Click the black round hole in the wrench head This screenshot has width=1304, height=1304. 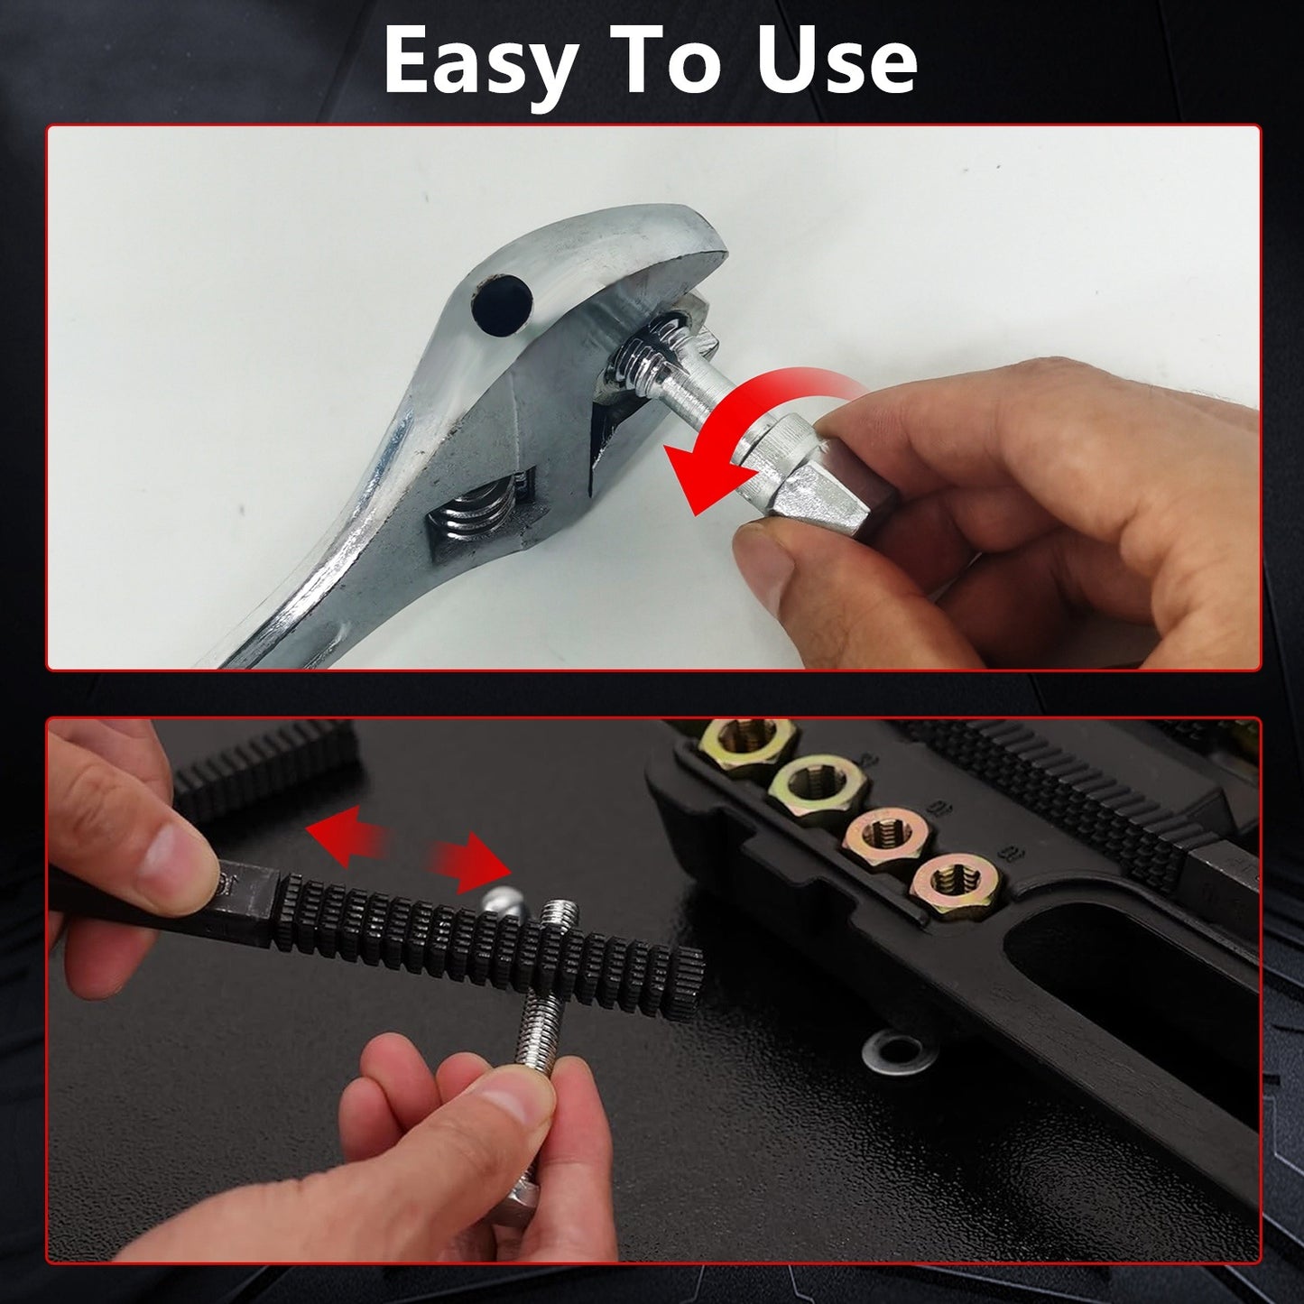click(502, 304)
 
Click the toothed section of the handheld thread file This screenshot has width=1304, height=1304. click(487, 938)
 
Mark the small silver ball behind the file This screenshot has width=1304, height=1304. click(503, 903)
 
